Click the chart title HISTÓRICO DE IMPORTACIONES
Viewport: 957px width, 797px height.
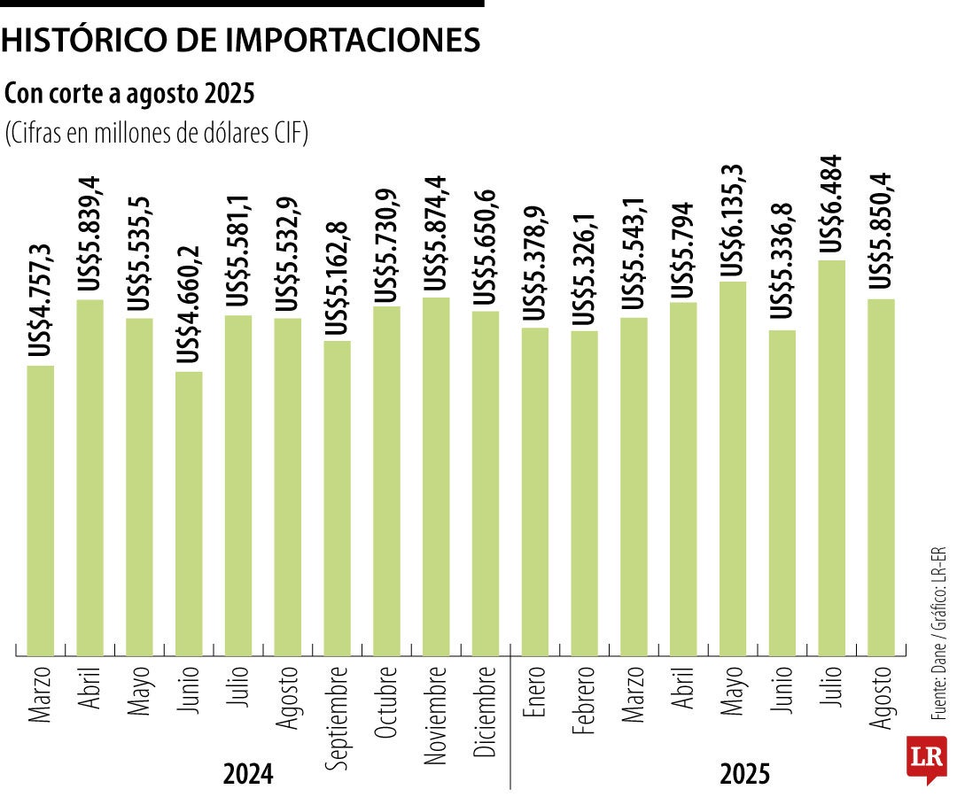(241, 40)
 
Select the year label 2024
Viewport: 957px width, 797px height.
(248, 775)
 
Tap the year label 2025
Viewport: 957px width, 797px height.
(745, 775)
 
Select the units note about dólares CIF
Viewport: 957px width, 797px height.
(156, 134)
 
